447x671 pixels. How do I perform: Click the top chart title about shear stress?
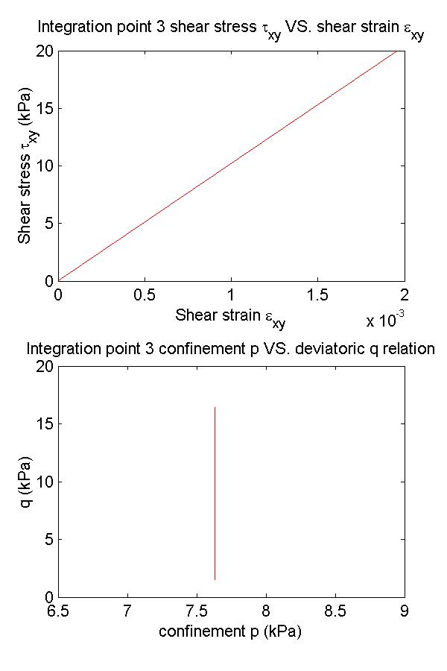click(230, 30)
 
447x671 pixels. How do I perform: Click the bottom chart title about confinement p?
click(230, 349)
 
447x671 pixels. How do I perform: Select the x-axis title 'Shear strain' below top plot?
click(230, 316)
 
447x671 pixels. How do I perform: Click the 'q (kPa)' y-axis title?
click(28, 481)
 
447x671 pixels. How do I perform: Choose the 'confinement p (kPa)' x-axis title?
click(230, 631)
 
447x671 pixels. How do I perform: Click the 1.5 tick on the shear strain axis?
click(317, 294)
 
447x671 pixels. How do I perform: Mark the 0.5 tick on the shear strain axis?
click(145, 294)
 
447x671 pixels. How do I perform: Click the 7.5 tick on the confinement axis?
click(197, 611)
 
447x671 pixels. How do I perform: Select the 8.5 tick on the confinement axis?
click(335, 611)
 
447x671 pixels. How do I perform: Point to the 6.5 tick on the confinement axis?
click(58, 611)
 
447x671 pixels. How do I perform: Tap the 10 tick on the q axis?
click(45, 482)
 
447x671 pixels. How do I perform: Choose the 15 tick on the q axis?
click(45, 424)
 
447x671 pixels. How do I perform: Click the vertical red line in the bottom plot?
click(215, 492)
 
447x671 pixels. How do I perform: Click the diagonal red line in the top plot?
click(231, 166)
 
